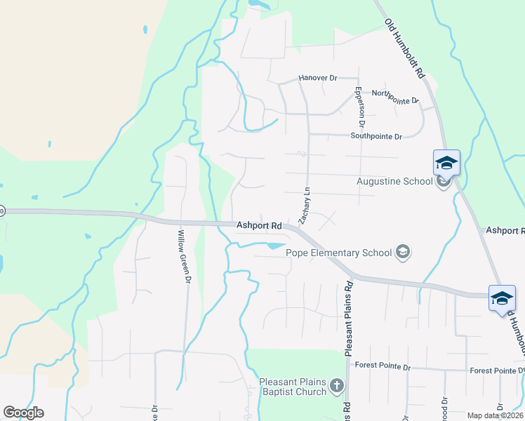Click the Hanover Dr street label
[318, 78]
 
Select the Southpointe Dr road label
[376, 137]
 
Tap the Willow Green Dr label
[185, 257]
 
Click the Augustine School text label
[394, 182]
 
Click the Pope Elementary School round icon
[403, 252]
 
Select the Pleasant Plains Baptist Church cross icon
[338, 385]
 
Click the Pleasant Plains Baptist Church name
[293, 387]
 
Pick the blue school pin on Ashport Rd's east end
[502, 298]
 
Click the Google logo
[23, 413]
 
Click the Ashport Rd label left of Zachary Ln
[259, 226]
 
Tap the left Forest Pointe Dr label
[382, 366]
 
